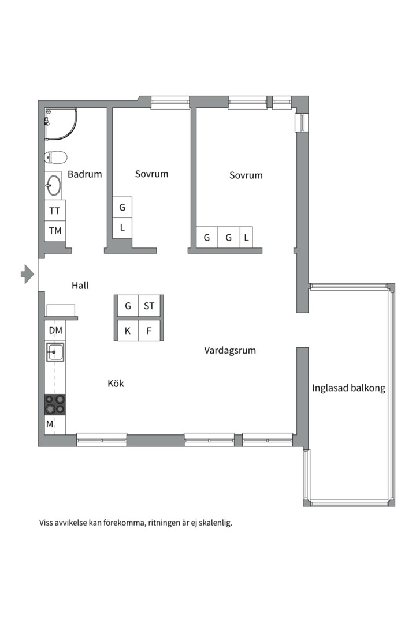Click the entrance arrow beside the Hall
point(28,274)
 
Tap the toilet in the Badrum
point(55,157)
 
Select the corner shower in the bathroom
point(60,124)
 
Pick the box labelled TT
point(54,210)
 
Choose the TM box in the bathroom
point(55,230)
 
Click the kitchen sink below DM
point(55,352)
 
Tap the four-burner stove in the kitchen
point(55,404)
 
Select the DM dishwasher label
point(55,330)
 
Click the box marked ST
point(149,306)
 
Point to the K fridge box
point(128,330)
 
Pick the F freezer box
point(149,330)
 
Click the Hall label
point(80,285)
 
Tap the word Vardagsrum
point(230,351)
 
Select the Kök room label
point(116,383)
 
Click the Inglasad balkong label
point(348,388)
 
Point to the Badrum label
point(85,174)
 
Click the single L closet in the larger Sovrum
point(246,237)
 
